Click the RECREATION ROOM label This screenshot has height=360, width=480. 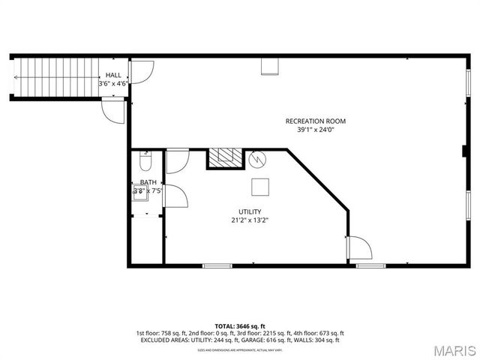315,121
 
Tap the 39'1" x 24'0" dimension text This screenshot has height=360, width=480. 315,129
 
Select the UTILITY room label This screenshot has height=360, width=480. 250,211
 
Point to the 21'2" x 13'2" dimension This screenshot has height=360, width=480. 250,220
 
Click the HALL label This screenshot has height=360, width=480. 113,75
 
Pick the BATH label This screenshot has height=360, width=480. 148,182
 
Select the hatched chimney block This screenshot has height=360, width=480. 225,158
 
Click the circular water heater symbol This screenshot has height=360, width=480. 257,159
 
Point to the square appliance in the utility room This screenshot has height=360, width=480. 259,187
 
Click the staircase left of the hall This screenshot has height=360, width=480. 57,78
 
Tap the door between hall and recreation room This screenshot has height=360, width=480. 141,72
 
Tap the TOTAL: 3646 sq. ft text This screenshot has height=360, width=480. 240,326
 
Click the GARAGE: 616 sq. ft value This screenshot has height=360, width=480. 267,340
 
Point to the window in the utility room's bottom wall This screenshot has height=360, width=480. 217,265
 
